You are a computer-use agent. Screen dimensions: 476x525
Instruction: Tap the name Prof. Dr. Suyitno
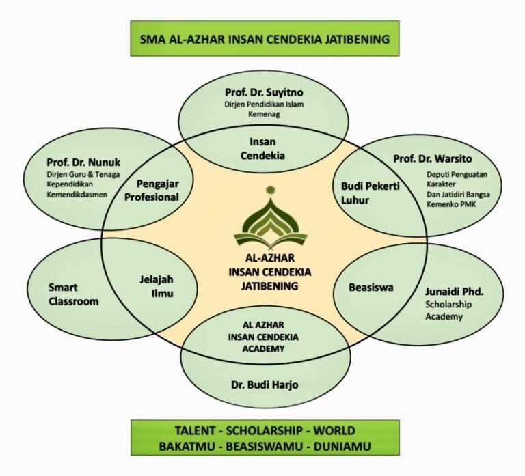(x=264, y=92)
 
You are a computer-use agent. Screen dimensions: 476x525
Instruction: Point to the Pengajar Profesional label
(x=158, y=191)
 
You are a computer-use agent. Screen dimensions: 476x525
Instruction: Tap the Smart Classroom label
(x=73, y=294)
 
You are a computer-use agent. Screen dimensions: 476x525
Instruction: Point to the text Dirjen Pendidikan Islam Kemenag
(x=264, y=109)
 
